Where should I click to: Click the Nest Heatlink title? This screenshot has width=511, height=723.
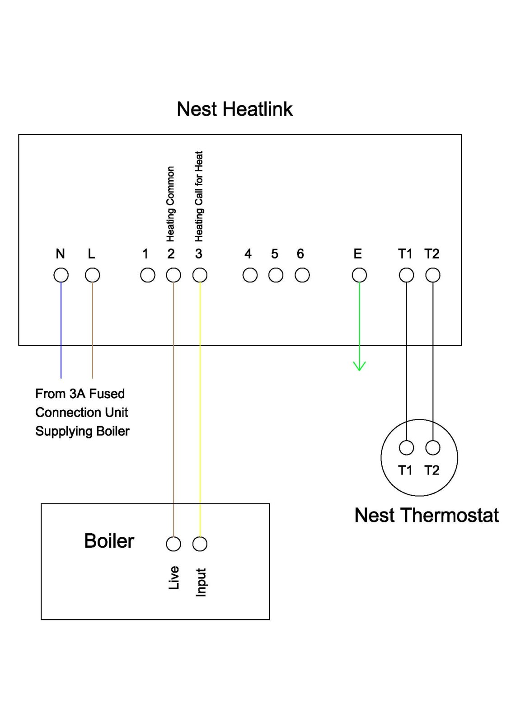234,109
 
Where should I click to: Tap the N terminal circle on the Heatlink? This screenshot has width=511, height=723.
61,275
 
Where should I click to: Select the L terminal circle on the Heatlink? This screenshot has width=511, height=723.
93,275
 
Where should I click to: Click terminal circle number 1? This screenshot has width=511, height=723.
148,275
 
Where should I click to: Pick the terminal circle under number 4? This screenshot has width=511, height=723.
250,275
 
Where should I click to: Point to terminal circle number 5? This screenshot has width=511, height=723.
276,275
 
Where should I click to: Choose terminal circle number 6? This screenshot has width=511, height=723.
302,275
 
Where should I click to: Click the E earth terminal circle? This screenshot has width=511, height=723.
359,275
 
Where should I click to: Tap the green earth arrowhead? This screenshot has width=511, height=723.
359,366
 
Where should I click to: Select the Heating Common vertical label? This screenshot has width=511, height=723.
170,204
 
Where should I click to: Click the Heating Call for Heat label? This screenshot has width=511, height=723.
199,196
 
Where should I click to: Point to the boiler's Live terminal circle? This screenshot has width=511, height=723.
173,544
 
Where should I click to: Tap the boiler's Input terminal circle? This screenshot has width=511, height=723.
200,544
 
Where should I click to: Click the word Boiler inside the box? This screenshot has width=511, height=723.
109,541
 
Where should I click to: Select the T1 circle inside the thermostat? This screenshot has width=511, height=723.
406,448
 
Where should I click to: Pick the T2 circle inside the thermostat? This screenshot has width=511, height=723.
433,448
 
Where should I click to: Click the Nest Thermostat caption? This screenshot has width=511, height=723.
426,515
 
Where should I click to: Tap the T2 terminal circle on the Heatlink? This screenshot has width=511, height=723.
433,275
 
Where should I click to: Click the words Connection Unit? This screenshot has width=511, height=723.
82,413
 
